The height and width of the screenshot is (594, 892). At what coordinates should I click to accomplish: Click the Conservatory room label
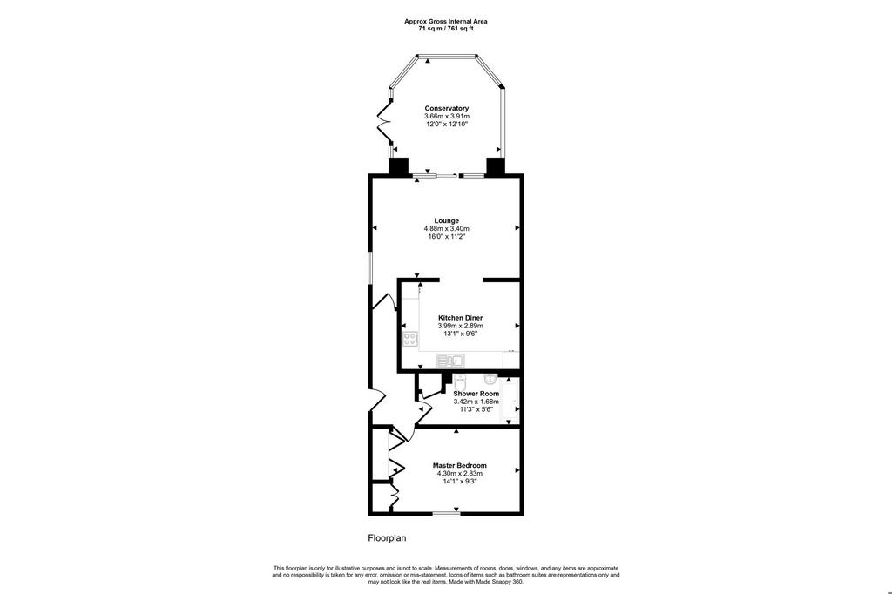coord(447,108)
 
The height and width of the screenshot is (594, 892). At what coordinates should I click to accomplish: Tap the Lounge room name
coord(447,220)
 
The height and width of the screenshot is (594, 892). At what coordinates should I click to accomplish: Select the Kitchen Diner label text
coord(460,318)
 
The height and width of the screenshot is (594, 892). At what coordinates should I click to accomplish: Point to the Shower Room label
coord(476,393)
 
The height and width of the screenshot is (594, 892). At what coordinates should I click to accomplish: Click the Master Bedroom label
coord(460,465)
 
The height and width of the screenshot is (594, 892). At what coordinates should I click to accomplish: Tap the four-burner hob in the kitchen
coord(409,340)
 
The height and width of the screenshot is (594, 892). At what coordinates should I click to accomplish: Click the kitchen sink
coord(450,361)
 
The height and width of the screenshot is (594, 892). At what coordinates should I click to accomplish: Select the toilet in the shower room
coord(460,380)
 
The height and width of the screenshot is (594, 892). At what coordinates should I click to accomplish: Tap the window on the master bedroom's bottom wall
coord(447,515)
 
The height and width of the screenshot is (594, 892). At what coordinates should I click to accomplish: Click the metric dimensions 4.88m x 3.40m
coord(447,229)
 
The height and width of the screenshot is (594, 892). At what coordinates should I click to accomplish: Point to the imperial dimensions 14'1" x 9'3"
coord(460,482)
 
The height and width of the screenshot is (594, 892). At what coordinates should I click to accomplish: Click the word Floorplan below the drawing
coord(387,537)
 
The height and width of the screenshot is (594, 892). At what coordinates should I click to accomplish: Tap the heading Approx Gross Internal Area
coord(446,22)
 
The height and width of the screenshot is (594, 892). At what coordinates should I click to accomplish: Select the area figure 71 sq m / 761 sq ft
coord(446,28)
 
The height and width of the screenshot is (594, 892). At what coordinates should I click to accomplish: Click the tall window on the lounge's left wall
coord(369,267)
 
